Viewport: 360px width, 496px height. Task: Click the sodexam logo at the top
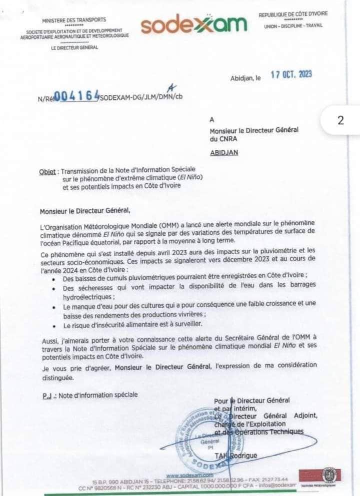click(x=194, y=25)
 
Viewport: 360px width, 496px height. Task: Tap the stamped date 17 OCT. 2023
click(x=291, y=74)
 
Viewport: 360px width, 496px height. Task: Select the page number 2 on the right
click(x=341, y=120)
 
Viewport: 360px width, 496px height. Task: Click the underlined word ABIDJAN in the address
click(x=224, y=153)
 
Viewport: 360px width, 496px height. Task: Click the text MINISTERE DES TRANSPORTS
click(x=74, y=20)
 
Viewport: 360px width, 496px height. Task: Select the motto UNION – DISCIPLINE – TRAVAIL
click(x=293, y=25)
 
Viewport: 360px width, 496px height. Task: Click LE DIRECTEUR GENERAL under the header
click(x=74, y=47)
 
